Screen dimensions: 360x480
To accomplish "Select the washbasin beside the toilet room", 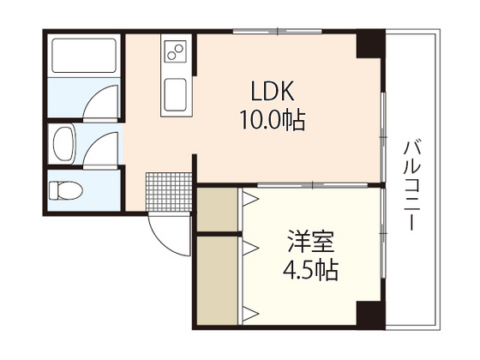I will tap(64, 142).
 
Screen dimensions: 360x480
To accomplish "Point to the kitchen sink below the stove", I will tap(177, 90).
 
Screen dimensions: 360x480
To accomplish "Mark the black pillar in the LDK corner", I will tap(371, 43).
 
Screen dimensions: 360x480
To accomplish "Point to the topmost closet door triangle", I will tap(252, 200).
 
